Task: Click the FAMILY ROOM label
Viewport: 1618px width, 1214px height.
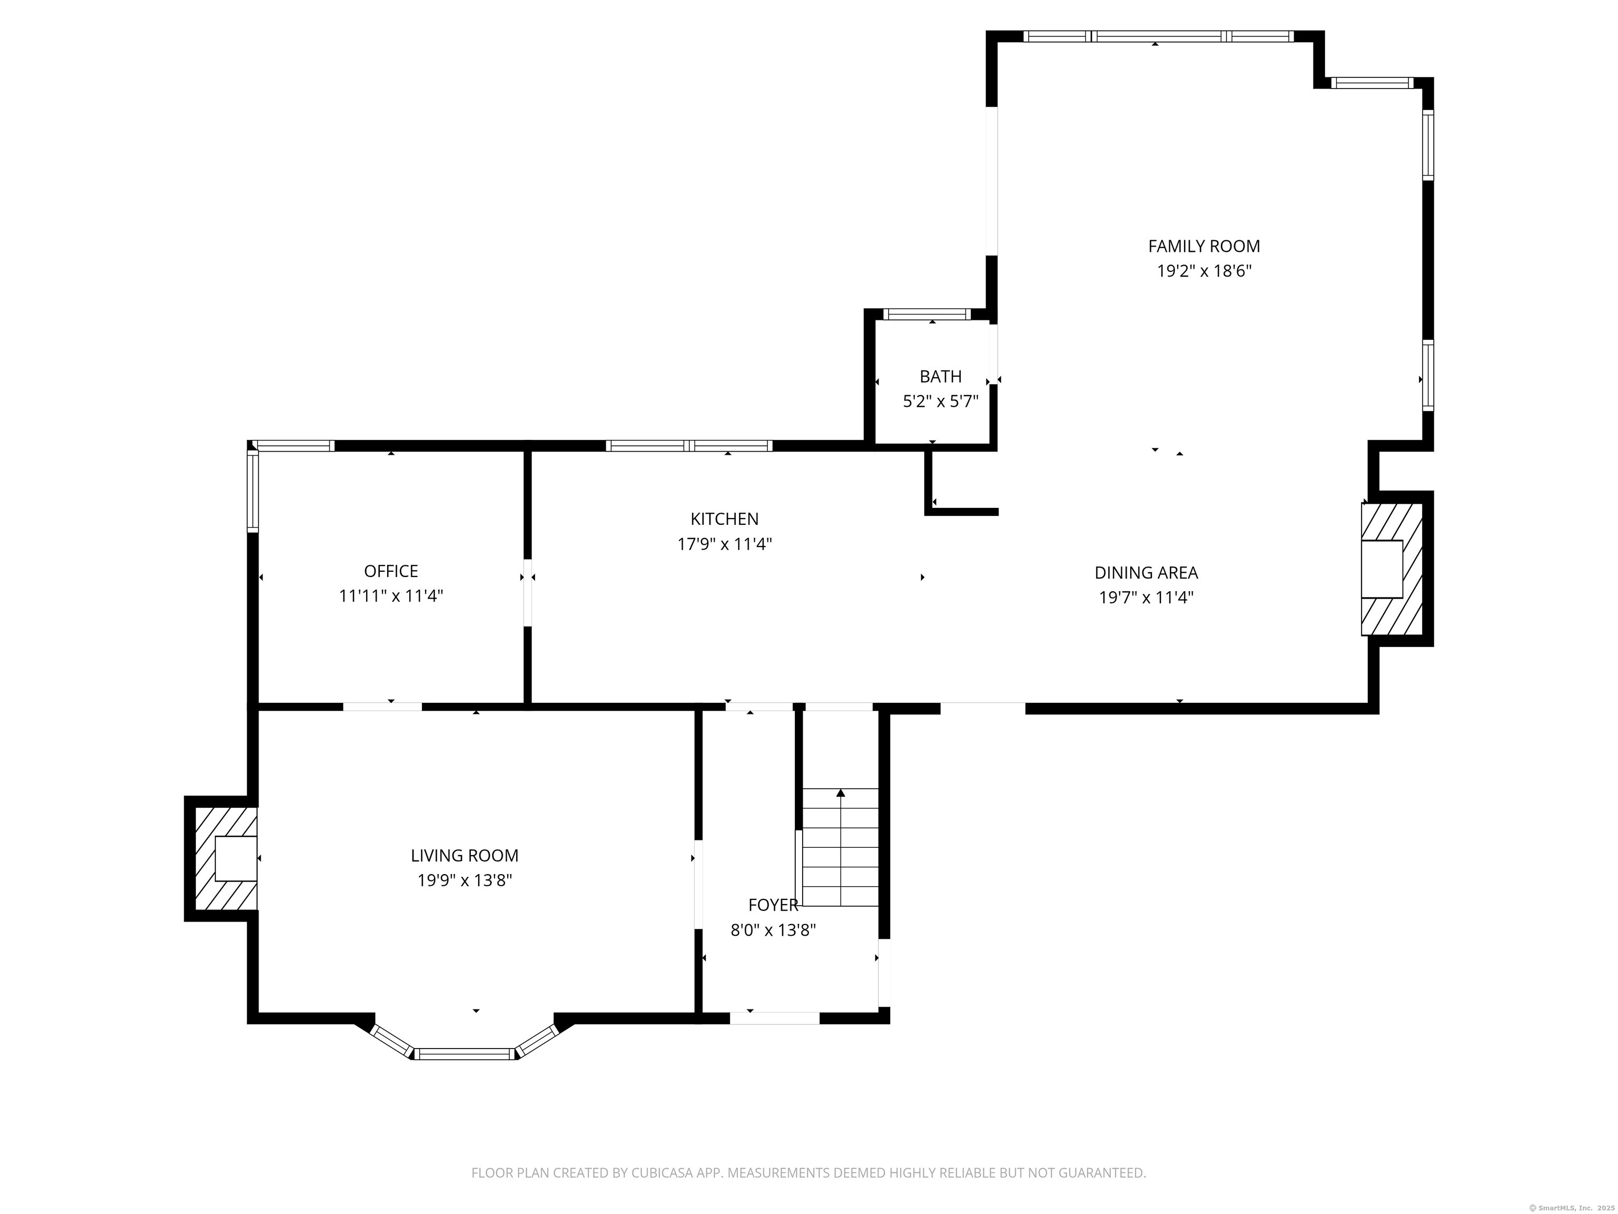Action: tap(1203, 246)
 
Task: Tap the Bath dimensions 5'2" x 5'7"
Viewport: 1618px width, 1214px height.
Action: tap(940, 401)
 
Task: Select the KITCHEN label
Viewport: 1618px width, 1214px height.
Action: tap(724, 519)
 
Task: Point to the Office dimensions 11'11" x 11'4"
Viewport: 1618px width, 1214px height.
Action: tap(391, 595)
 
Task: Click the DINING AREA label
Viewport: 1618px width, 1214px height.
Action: tap(1146, 572)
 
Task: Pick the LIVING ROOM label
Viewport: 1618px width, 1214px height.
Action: tap(465, 855)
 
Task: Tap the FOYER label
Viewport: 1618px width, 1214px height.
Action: tap(773, 905)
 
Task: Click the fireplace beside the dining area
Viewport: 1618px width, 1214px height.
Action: tap(1390, 569)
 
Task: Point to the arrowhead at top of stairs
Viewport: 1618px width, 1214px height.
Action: tap(841, 792)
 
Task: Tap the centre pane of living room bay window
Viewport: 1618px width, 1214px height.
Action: tap(465, 1054)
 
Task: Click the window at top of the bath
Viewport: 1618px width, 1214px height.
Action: tap(927, 315)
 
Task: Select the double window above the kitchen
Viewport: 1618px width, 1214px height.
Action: tap(688, 446)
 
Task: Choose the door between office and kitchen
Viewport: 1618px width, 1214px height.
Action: tap(527, 593)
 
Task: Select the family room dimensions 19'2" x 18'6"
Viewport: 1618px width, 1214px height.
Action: tap(1203, 271)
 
